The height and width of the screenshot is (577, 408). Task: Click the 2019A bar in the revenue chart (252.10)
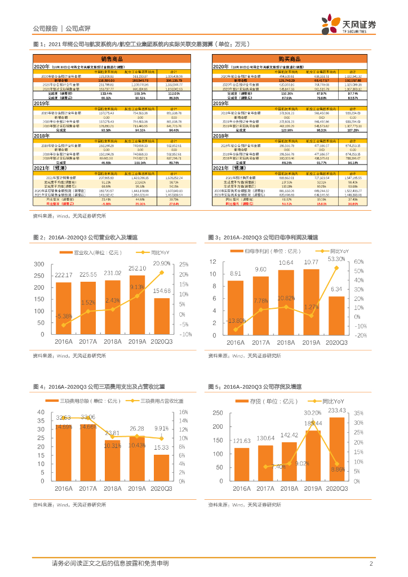(137, 304)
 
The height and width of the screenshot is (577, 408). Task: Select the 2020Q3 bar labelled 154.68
(162, 316)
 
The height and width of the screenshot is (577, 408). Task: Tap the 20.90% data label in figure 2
(162, 264)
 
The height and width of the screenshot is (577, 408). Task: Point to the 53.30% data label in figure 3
(336, 259)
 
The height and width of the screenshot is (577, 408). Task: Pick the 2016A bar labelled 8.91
(236, 308)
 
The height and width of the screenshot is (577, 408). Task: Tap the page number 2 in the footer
(371, 563)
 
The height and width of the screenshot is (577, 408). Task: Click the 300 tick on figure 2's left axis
(39, 264)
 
